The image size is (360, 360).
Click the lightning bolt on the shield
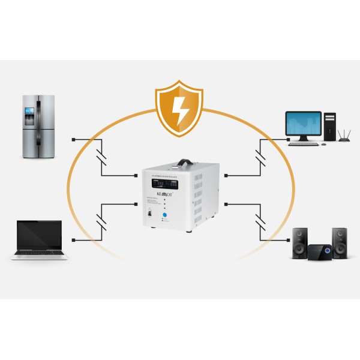179,109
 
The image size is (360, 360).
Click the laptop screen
39,235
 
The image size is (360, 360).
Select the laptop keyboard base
40,255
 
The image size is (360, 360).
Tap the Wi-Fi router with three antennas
344,138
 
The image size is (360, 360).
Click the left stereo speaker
300,242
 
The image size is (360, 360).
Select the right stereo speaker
340,242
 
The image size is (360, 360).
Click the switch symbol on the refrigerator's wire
101,157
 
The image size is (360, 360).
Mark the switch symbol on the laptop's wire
101,221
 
